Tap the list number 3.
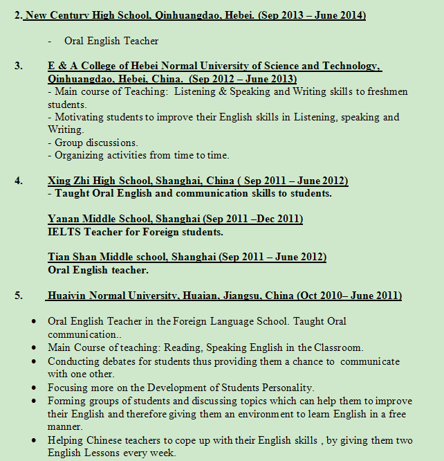pyautogui.click(x=19, y=66)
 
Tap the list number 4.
pyautogui.click(x=19, y=181)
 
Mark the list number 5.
pyautogui.click(x=19, y=296)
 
